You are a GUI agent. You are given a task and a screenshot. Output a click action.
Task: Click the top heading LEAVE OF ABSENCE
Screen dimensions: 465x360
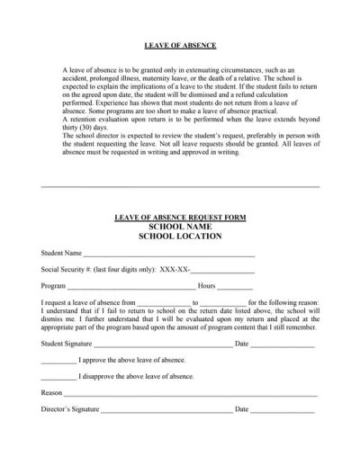[180, 45]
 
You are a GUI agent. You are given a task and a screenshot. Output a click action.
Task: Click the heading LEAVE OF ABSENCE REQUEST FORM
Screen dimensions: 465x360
[180, 218]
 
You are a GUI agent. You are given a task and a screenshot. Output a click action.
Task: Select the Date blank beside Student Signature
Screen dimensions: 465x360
[283, 345]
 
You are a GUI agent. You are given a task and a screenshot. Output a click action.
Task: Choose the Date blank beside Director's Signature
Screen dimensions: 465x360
[283, 411]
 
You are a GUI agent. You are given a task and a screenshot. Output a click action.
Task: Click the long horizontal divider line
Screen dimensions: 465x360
[180, 187]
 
